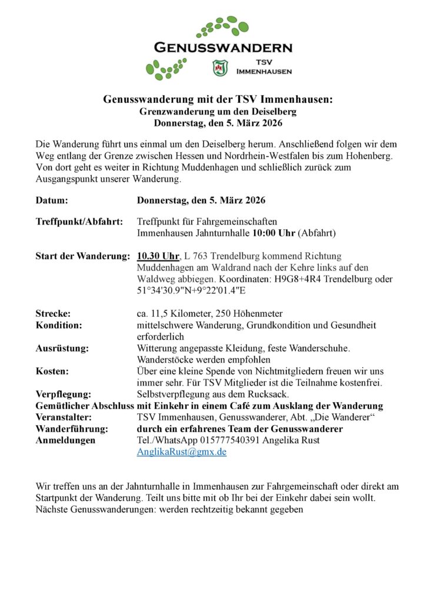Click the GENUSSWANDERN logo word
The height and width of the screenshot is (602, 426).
(x=222, y=47)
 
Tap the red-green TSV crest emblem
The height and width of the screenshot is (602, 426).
(x=219, y=68)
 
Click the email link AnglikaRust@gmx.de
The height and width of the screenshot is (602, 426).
(x=181, y=451)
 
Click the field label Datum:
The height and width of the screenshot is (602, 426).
(x=52, y=200)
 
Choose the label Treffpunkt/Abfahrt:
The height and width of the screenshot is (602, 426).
(x=79, y=222)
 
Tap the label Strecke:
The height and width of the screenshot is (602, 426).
(x=53, y=313)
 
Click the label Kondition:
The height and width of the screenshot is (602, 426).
(x=59, y=325)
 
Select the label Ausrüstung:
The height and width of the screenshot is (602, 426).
(x=62, y=348)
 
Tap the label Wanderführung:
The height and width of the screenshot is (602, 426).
(x=72, y=429)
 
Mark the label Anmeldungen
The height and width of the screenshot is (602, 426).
(x=65, y=440)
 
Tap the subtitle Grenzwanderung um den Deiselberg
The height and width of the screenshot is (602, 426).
(x=218, y=111)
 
